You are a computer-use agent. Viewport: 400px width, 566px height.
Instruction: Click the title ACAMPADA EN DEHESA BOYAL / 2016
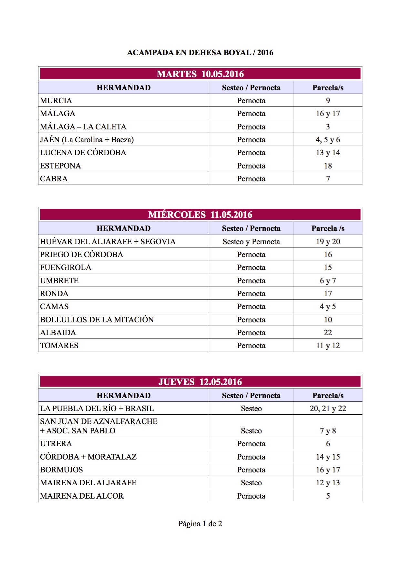pyautogui.click(x=200, y=53)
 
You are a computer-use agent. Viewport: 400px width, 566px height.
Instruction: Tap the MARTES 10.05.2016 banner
pyautogui.click(x=200, y=74)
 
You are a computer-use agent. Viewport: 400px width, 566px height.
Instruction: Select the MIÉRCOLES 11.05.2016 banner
pyautogui.click(x=200, y=215)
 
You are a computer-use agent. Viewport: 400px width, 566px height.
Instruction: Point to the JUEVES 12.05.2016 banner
pyautogui.click(x=200, y=382)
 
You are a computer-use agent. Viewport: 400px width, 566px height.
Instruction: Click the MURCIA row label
pyautogui.click(x=56, y=101)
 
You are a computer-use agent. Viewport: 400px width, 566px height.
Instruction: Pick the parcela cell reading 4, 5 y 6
pyautogui.click(x=328, y=140)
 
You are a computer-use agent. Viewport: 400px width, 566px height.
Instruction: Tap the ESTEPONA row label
pyautogui.click(x=60, y=166)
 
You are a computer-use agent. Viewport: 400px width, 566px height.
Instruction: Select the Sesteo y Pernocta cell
pyautogui.click(x=251, y=242)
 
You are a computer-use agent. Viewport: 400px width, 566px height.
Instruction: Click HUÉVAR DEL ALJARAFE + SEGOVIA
pyautogui.click(x=108, y=242)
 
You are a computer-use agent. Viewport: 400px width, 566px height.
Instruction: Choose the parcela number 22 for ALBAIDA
pyautogui.click(x=328, y=333)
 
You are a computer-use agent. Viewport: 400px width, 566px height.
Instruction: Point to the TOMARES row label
pyautogui.click(x=59, y=346)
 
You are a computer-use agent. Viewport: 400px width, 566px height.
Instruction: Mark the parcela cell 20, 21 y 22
pyautogui.click(x=328, y=409)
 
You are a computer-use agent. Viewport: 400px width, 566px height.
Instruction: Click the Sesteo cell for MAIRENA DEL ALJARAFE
pyautogui.click(x=251, y=483)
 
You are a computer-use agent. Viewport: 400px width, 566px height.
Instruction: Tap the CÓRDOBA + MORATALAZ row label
pyautogui.click(x=88, y=457)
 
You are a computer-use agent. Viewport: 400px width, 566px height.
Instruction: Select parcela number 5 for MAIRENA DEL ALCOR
pyautogui.click(x=328, y=496)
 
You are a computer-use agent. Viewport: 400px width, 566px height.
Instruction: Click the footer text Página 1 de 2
pyautogui.click(x=200, y=524)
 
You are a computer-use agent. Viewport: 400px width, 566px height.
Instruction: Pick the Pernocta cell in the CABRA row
pyautogui.click(x=251, y=179)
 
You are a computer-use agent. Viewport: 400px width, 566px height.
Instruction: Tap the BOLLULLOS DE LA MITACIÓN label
pyautogui.click(x=97, y=320)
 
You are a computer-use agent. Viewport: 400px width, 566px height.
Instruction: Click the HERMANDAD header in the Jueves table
pyautogui.click(x=124, y=396)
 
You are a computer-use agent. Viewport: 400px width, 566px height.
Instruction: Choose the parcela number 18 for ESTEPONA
pyautogui.click(x=328, y=166)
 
